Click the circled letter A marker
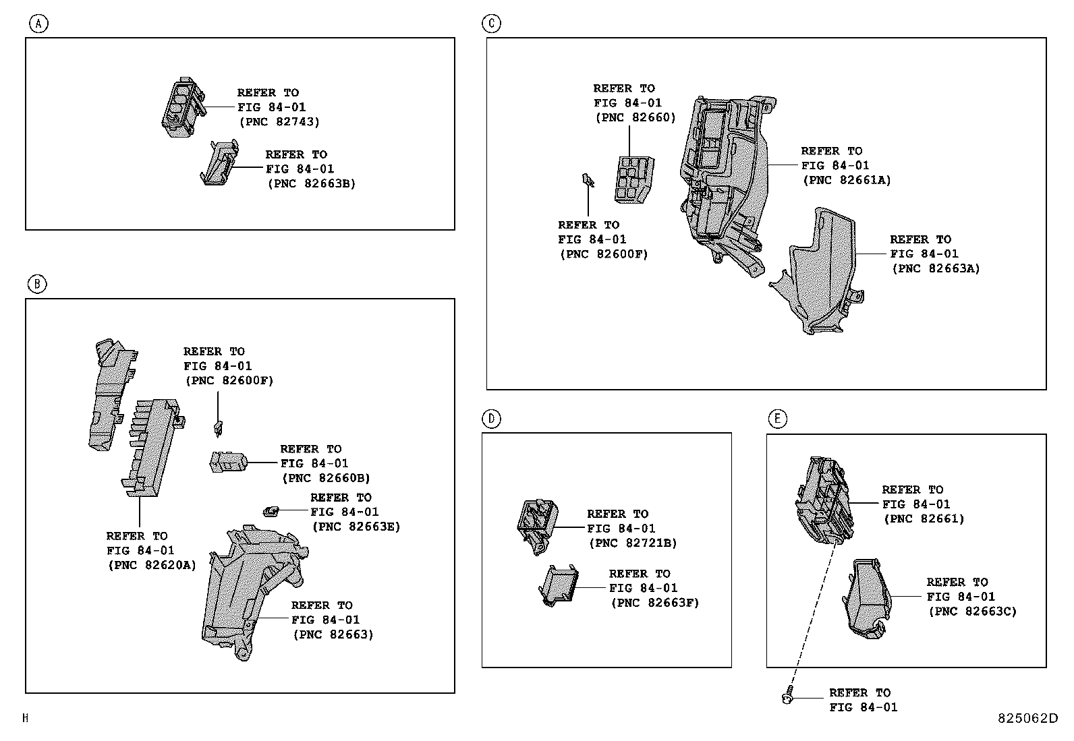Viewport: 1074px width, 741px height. tap(39, 24)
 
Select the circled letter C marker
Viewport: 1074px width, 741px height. tap(491, 24)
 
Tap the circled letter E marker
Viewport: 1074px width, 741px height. tap(776, 419)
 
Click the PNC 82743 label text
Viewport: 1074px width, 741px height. tap(279, 122)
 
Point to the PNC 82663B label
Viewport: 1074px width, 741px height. tap(311, 183)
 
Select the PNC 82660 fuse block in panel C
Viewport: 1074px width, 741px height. tap(634, 179)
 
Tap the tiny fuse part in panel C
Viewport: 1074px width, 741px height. tap(588, 180)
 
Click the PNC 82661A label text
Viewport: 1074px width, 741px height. tap(847, 180)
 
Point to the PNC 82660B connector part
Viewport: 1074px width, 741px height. tap(229, 463)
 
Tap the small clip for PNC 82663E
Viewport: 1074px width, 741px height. tap(271, 511)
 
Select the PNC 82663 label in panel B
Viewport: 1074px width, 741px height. tap(333, 634)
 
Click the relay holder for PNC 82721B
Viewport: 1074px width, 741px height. tap(537, 525)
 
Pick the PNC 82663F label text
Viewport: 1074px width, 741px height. tap(654, 603)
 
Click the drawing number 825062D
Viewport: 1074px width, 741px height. tap(1028, 719)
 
